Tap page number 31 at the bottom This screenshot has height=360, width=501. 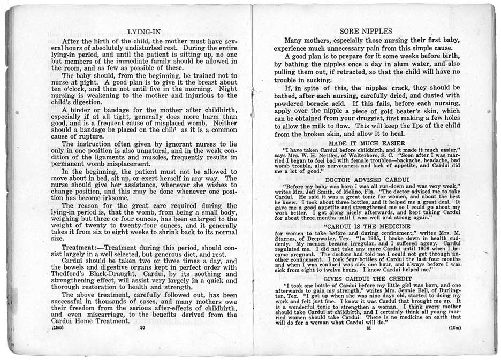click(369, 328)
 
